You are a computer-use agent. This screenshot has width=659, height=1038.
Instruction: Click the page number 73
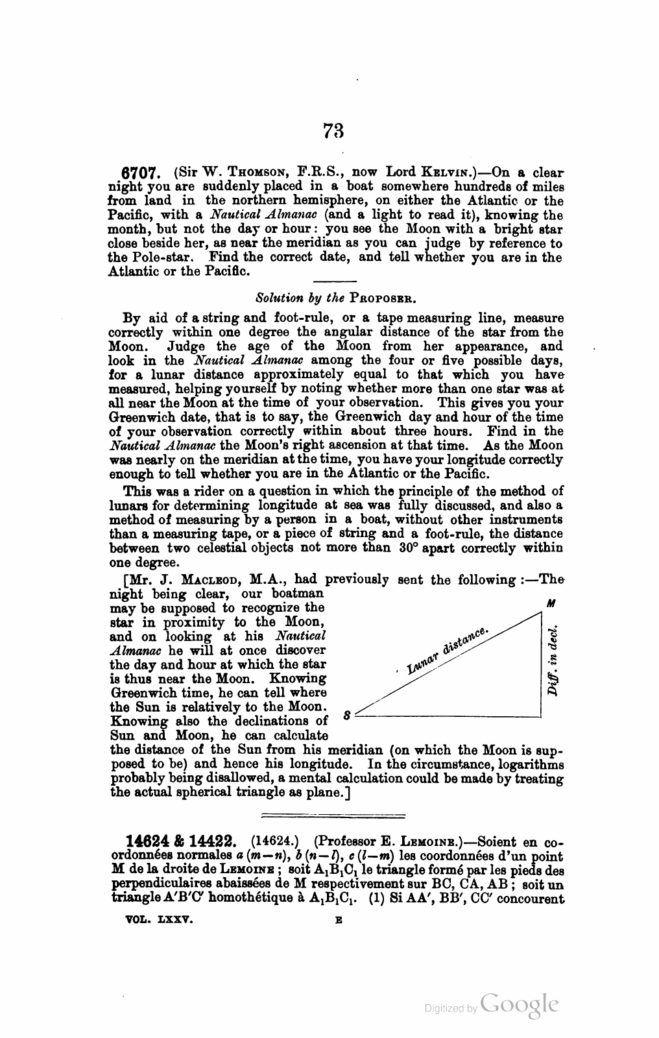point(333,132)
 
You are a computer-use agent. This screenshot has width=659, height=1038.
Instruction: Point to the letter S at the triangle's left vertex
point(347,716)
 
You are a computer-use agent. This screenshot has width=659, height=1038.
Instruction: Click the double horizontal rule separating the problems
point(332,815)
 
